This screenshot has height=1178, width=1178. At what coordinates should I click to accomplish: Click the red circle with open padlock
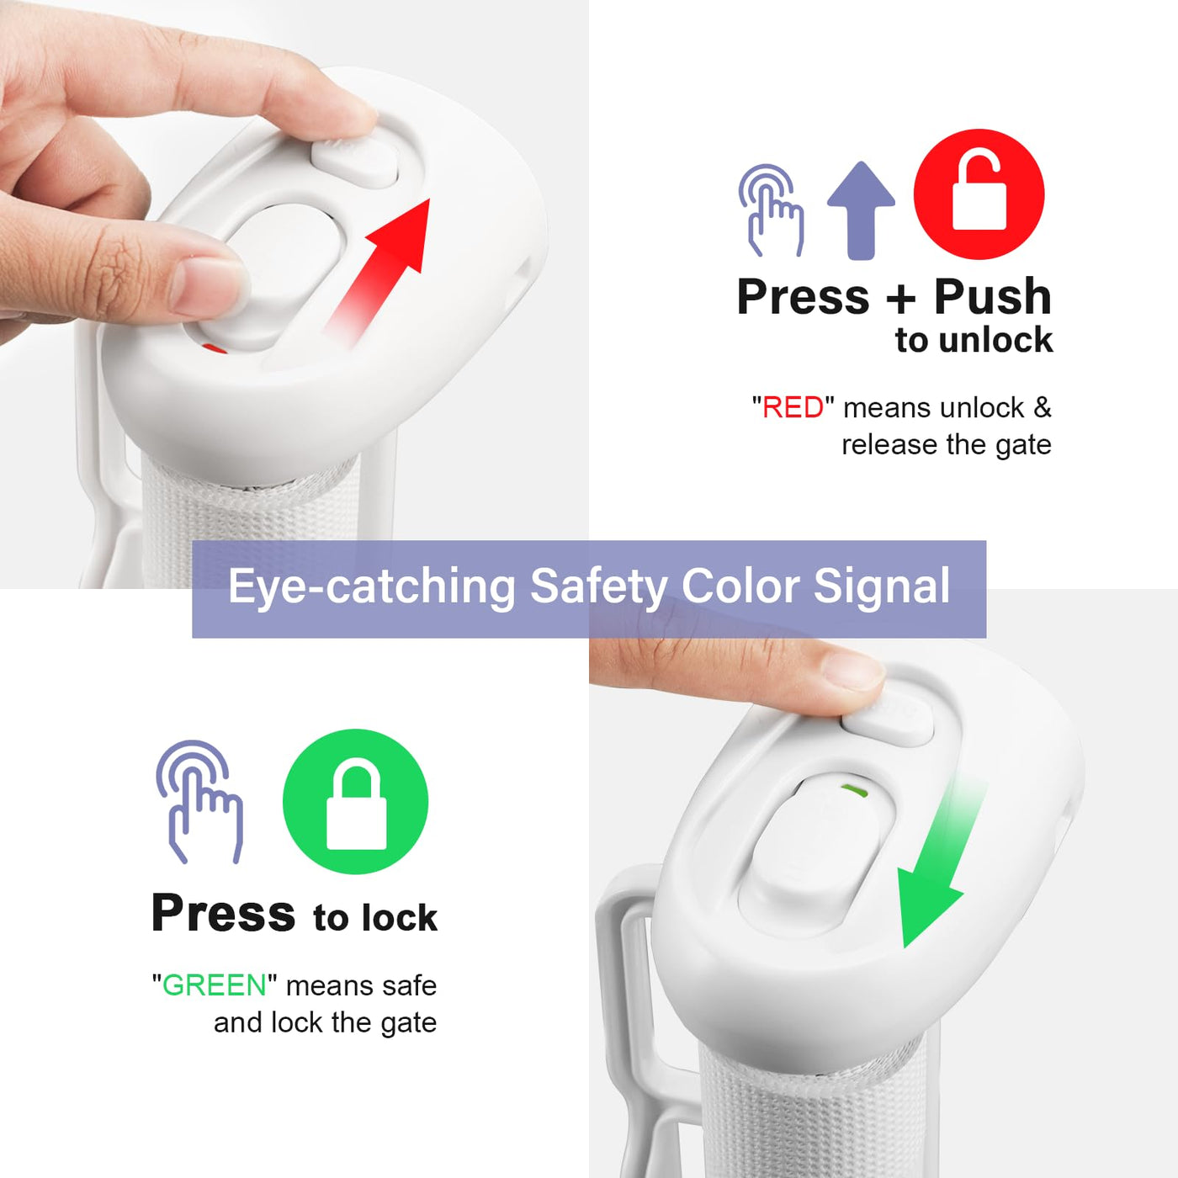coord(979,194)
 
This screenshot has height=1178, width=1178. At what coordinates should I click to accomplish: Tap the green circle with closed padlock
coord(355,801)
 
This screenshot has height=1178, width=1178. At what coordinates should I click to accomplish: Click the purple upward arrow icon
coord(861,210)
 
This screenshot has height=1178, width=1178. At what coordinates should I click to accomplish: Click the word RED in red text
coord(793,408)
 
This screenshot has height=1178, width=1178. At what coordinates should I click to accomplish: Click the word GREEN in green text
coord(214,985)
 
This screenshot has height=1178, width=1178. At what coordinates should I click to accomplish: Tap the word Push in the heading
coord(993,297)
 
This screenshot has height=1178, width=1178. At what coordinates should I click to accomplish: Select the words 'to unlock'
coord(974,340)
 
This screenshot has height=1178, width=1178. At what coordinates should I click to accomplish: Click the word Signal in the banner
coord(882,586)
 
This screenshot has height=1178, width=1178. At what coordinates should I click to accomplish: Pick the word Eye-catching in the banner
coord(372,586)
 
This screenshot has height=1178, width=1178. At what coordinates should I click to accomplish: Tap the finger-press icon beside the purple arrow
coord(771,210)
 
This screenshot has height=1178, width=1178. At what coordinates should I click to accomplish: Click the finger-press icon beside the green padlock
coord(199,801)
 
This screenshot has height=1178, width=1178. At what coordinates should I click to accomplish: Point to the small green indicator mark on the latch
coord(855,791)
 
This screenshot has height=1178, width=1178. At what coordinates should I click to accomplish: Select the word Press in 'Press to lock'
coord(223,914)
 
